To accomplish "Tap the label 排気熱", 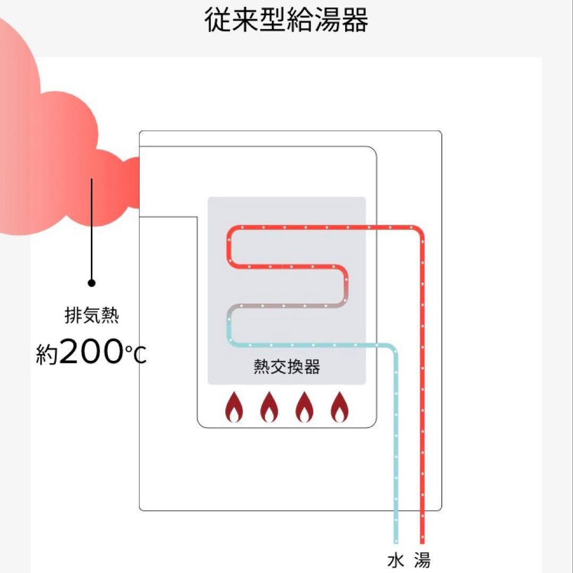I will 91,317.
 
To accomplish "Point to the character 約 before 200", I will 47,354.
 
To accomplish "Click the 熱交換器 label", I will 287,367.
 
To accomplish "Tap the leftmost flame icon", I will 234,407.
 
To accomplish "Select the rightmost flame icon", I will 339,407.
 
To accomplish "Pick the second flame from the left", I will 269,407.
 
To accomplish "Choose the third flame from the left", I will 304,407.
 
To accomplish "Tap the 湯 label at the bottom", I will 422,560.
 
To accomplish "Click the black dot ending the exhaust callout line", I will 91,283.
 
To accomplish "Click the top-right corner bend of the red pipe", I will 420,230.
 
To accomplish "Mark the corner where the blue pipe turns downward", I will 394,348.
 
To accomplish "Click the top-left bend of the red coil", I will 233,230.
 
